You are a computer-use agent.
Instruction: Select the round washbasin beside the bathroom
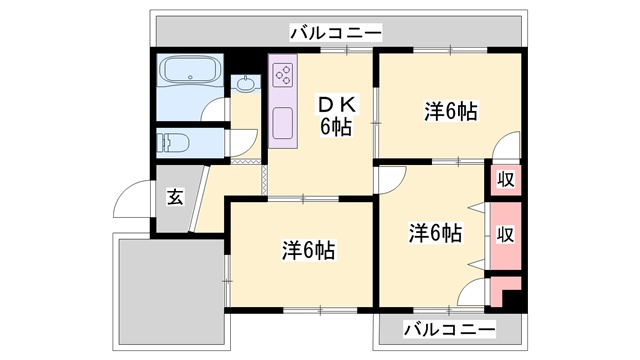point(243,85)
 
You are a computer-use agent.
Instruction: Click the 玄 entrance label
point(175,196)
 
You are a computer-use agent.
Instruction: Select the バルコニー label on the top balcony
point(335,33)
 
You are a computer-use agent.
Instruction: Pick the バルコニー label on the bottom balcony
point(449,329)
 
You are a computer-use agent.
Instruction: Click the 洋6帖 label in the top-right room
point(449,112)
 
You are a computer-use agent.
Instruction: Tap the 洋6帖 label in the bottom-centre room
point(307,249)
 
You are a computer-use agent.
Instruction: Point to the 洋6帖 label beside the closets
point(436,233)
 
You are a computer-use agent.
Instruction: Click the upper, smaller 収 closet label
point(506,179)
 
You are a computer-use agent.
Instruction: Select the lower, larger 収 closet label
point(506,234)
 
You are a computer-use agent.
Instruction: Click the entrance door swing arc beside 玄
point(132,206)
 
